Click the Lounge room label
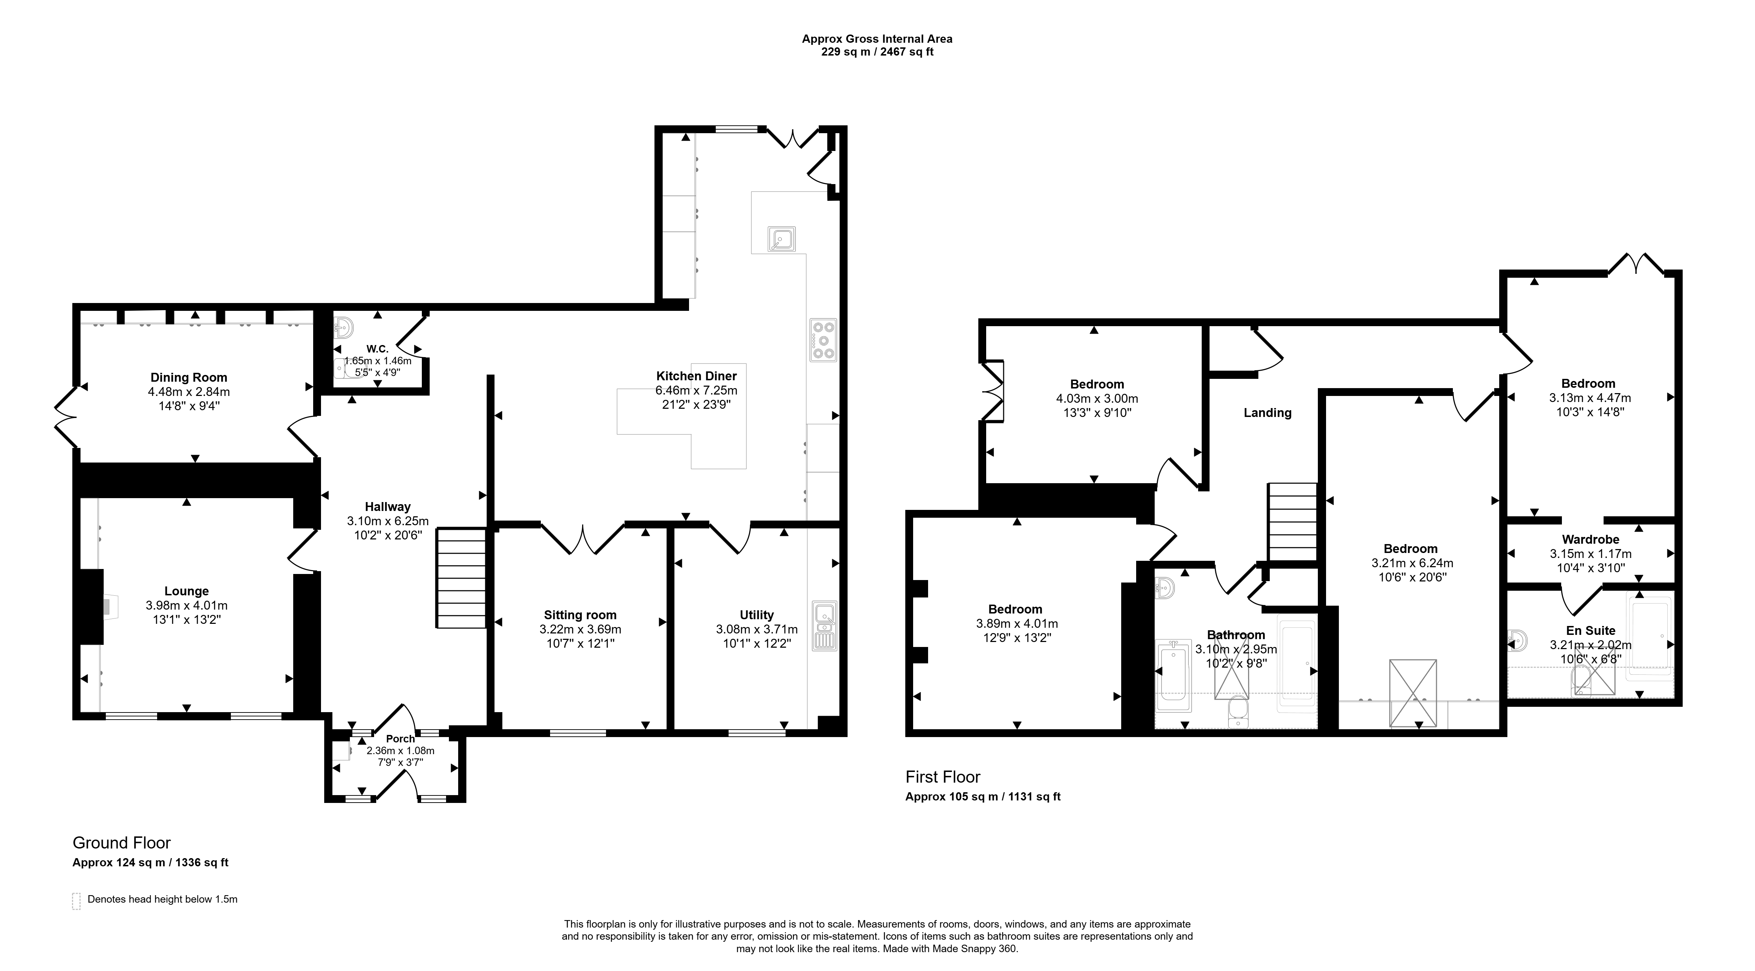click(187, 591)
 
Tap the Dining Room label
click(189, 377)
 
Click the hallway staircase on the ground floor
click(461, 578)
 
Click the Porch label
click(400, 739)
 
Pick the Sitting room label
click(580, 615)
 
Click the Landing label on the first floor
click(1267, 413)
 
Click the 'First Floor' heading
click(943, 777)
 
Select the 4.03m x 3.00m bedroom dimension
click(1097, 398)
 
